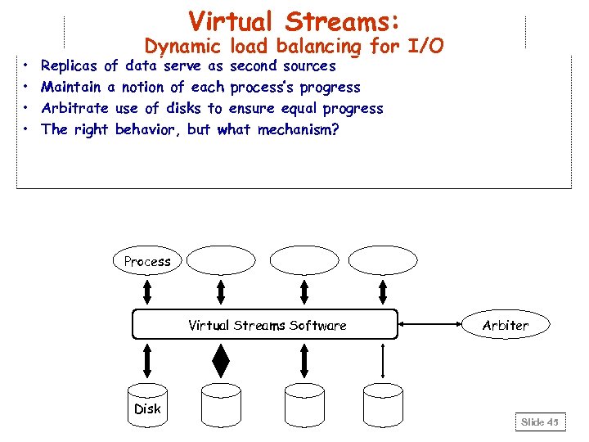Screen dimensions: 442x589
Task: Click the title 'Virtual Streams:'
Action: tap(294, 20)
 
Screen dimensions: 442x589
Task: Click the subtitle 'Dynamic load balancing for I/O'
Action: tap(294, 47)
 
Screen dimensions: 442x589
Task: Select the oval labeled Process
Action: tap(147, 261)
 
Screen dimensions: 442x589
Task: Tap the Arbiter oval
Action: tap(505, 325)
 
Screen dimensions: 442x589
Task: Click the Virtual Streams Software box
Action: tap(265, 325)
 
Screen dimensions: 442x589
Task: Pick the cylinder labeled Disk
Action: tap(147, 404)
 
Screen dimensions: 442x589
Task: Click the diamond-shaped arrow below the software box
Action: tap(220, 359)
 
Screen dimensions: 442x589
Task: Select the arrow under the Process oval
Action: tap(147, 291)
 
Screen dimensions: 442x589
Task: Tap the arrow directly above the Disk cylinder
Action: tap(147, 359)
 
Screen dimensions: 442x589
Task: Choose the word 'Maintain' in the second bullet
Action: tap(71, 88)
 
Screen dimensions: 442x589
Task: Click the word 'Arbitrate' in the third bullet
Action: tap(74, 109)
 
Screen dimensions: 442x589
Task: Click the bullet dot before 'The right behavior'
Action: tap(27, 130)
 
